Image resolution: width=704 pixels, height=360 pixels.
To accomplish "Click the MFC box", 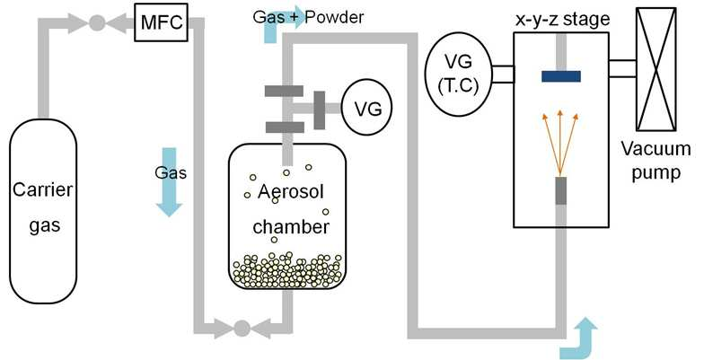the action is (162, 22).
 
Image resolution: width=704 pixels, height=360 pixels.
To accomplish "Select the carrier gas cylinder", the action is (43, 212).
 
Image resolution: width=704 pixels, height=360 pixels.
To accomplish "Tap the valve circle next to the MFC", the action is (97, 22).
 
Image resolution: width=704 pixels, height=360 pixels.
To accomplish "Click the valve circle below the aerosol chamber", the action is (242, 329).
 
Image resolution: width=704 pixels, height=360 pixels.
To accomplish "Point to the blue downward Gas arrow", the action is (169, 181).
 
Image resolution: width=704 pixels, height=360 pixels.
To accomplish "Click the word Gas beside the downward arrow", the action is (171, 172).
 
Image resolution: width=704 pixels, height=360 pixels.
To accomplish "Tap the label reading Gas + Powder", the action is (308, 17).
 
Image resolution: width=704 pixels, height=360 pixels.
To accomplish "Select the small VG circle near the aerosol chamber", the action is (366, 108).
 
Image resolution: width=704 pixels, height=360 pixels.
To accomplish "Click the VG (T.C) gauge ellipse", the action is (458, 74).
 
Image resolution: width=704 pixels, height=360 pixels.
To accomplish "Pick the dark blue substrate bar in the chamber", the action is (560, 76).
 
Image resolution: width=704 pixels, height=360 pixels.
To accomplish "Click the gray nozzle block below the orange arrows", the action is (560, 190).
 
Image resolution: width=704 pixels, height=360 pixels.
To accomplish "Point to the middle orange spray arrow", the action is (560, 143).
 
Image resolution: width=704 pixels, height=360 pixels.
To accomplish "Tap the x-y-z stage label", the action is (562, 20).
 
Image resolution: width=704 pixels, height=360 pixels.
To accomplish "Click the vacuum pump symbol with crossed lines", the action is (656, 69).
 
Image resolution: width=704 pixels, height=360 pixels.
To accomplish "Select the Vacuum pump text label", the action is (656, 161).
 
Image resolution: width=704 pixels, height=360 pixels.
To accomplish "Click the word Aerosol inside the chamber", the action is (291, 192).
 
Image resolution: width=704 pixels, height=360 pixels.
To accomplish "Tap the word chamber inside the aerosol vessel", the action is (291, 226).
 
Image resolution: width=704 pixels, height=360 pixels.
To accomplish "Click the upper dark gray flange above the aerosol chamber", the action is (284, 92).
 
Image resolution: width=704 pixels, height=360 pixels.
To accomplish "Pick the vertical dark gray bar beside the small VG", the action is (320, 110).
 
